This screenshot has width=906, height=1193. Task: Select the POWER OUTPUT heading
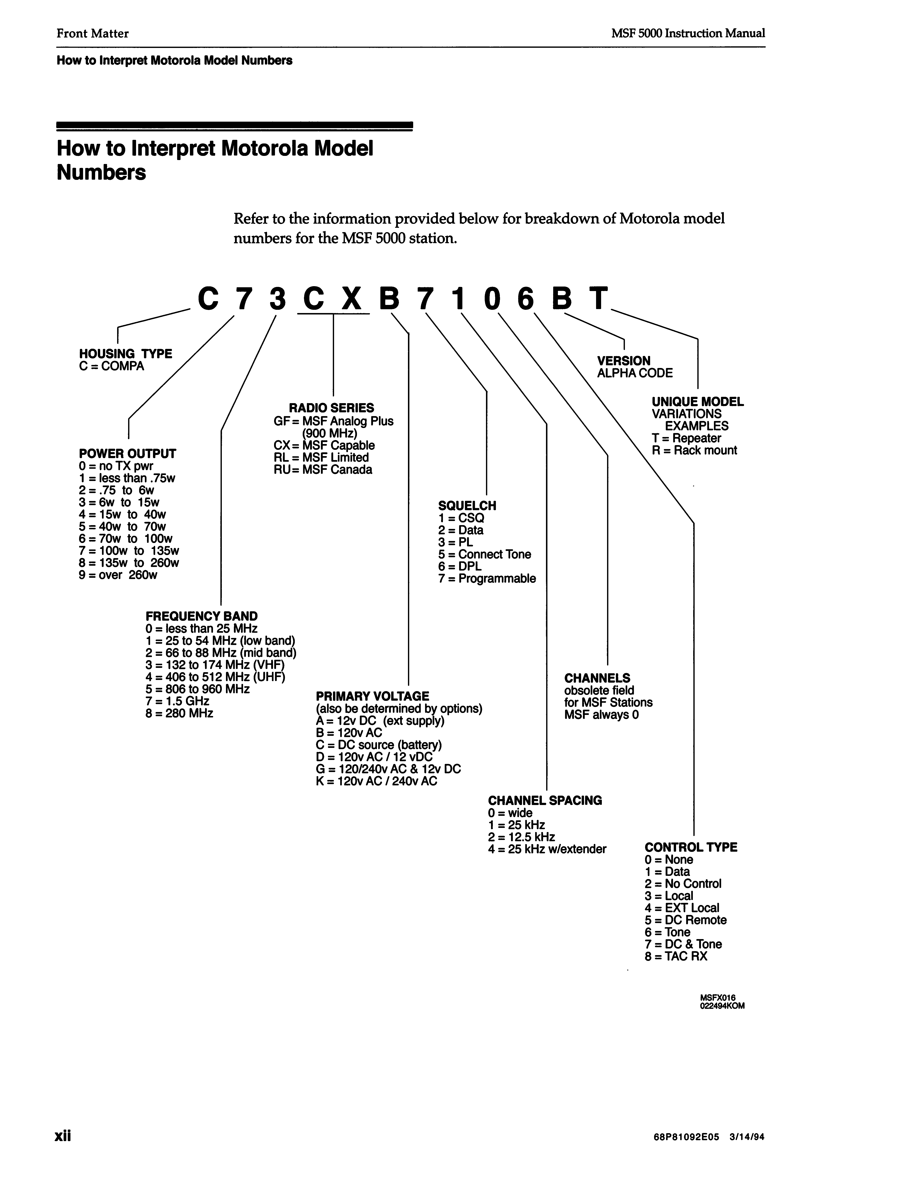pyautogui.click(x=127, y=454)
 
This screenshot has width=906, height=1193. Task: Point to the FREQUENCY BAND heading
pyautogui.click(x=201, y=616)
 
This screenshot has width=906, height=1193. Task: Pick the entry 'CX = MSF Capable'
pyautogui.click(x=324, y=445)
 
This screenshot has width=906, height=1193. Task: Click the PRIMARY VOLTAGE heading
pyautogui.click(x=372, y=696)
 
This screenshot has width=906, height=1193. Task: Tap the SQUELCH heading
pyautogui.click(x=467, y=506)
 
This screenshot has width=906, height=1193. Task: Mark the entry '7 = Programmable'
pyautogui.click(x=487, y=579)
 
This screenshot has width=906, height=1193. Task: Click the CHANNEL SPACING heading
pyautogui.click(x=545, y=800)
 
